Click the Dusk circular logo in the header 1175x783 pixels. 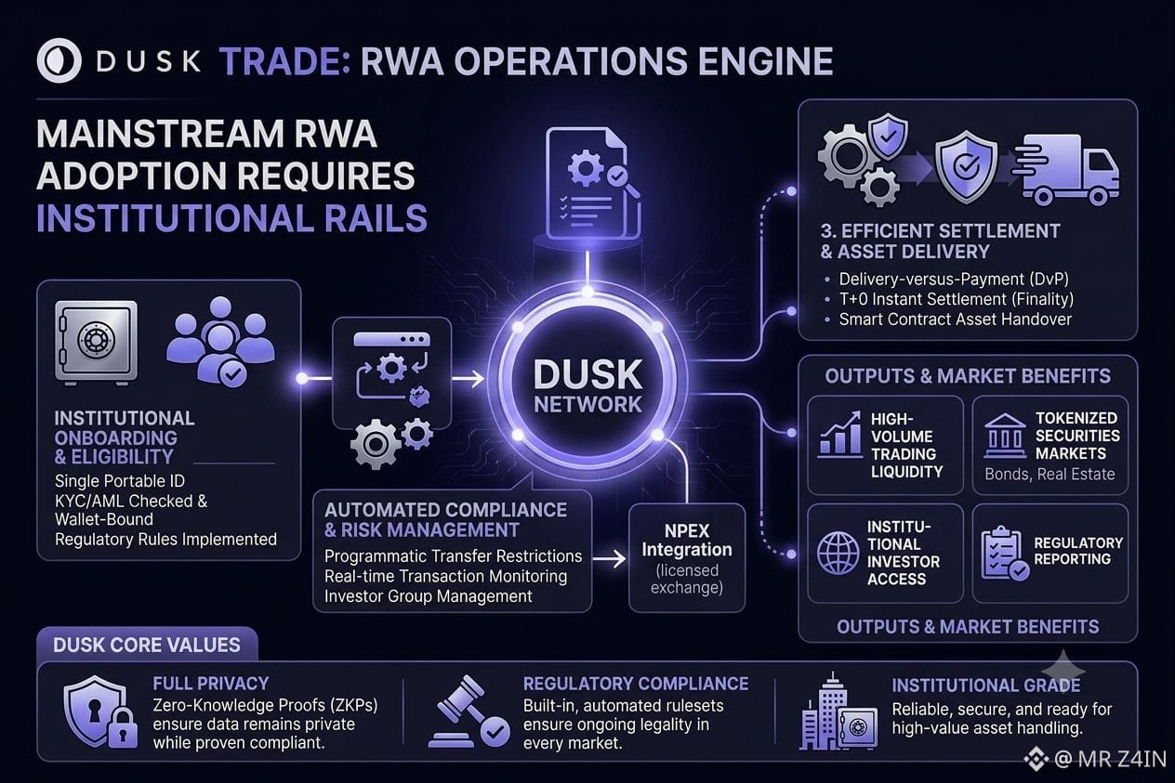pyautogui.click(x=59, y=60)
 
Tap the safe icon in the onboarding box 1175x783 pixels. pyautogui.click(x=97, y=342)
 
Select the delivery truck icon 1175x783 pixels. pyautogui.click(x=1066, y=169)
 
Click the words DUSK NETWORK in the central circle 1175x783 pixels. pyautogui.click(x=587, y=385)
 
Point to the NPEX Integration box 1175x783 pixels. pyautogui.click(x=687, y=557)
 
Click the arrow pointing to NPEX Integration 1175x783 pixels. pyautogui.click(x=610, y=558)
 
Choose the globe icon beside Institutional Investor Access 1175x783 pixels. pyautogui.click(x=838, y=553)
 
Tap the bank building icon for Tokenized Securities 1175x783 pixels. pyautogui.click(x=1005, y=436)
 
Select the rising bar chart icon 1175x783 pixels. pyautogui.click(x=839, y=434)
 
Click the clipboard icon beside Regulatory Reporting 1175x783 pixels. pyautogui.click(x=1004, y=554)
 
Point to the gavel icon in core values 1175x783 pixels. pyautogui.click(x=468, y=711)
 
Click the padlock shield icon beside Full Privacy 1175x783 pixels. pyautogui.click(x=100, y=711)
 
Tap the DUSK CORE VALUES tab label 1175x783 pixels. pyautogui.click(x=147, y=645)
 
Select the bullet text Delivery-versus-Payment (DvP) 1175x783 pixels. pyautogui.click(x=954, y=279)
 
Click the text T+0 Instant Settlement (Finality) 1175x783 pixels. pyautogui.click(x=957, y=299)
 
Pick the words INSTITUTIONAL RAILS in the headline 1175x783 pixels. pyautogui.click(x=231, y=218)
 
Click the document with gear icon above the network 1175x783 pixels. pyautogui.click(x=593, y=185)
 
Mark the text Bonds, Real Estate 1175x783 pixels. pyautogui.click(x=1050, y=475)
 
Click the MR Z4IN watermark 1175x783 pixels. pyautogui.click(x=1096, y=758)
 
